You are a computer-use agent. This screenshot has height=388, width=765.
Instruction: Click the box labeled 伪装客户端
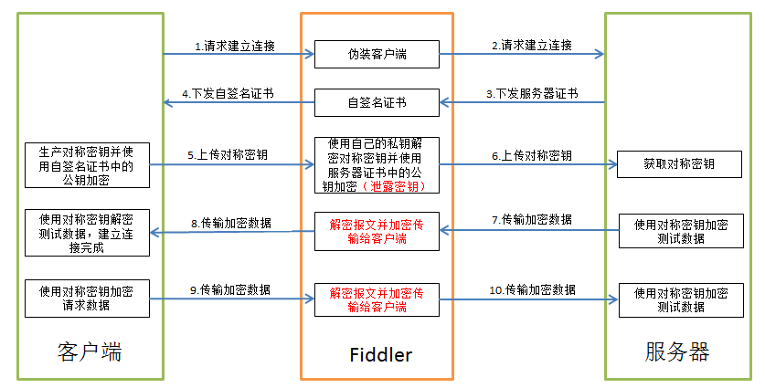[377, 54]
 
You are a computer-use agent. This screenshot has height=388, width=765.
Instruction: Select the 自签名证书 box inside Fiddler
[377, 102]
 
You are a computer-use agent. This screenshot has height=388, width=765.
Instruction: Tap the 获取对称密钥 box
[679, 164]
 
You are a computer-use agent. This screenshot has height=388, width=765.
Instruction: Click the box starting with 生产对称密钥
[88, 165]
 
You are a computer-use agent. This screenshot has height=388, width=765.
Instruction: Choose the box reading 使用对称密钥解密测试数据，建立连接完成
[88, 233]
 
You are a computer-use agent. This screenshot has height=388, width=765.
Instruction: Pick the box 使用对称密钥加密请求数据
[88, 299]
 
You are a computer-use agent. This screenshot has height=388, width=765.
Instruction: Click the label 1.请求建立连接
[235, 46]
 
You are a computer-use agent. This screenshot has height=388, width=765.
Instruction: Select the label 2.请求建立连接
[532, 46]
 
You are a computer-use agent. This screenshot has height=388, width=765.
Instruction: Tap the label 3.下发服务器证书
[532, 94]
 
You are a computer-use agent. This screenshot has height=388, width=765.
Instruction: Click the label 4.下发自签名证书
[228, 94]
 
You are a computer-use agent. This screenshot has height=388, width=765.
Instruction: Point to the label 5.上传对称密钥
[228, 155]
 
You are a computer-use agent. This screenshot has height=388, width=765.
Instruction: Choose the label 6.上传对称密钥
[532, 156]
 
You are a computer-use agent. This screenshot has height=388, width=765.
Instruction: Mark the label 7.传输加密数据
[532, 220]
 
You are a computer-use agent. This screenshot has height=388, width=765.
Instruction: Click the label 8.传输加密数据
[231, 224]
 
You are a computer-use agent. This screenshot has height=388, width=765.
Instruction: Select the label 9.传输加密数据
[230, 290]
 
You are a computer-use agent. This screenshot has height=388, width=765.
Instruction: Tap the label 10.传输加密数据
[532, 290]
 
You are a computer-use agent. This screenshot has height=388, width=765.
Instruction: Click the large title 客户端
[90, 351]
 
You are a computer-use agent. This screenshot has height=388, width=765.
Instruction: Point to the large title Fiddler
[381, 354]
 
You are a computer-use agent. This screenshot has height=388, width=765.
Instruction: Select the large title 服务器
[677, 351]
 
